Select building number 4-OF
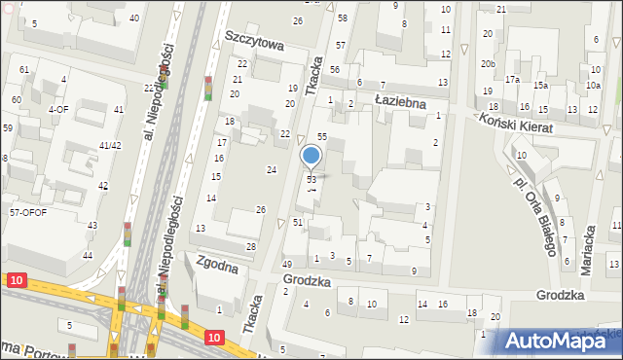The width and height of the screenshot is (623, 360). point(57,110)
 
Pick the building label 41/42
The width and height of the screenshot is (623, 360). point(110,145)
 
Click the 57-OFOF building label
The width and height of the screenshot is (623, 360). point(28,212)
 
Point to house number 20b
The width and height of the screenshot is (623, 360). point(488,64)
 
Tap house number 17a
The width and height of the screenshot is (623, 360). point(512,79)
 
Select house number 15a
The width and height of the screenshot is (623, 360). point(539,86)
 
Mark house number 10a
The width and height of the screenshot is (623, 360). point(593,86)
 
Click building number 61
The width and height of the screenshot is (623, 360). point(23,70)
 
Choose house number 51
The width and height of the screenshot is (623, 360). point(298,223)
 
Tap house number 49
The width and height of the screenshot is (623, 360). point(287,265)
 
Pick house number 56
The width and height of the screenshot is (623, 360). point(334,70)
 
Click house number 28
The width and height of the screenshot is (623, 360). point(250,247)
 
